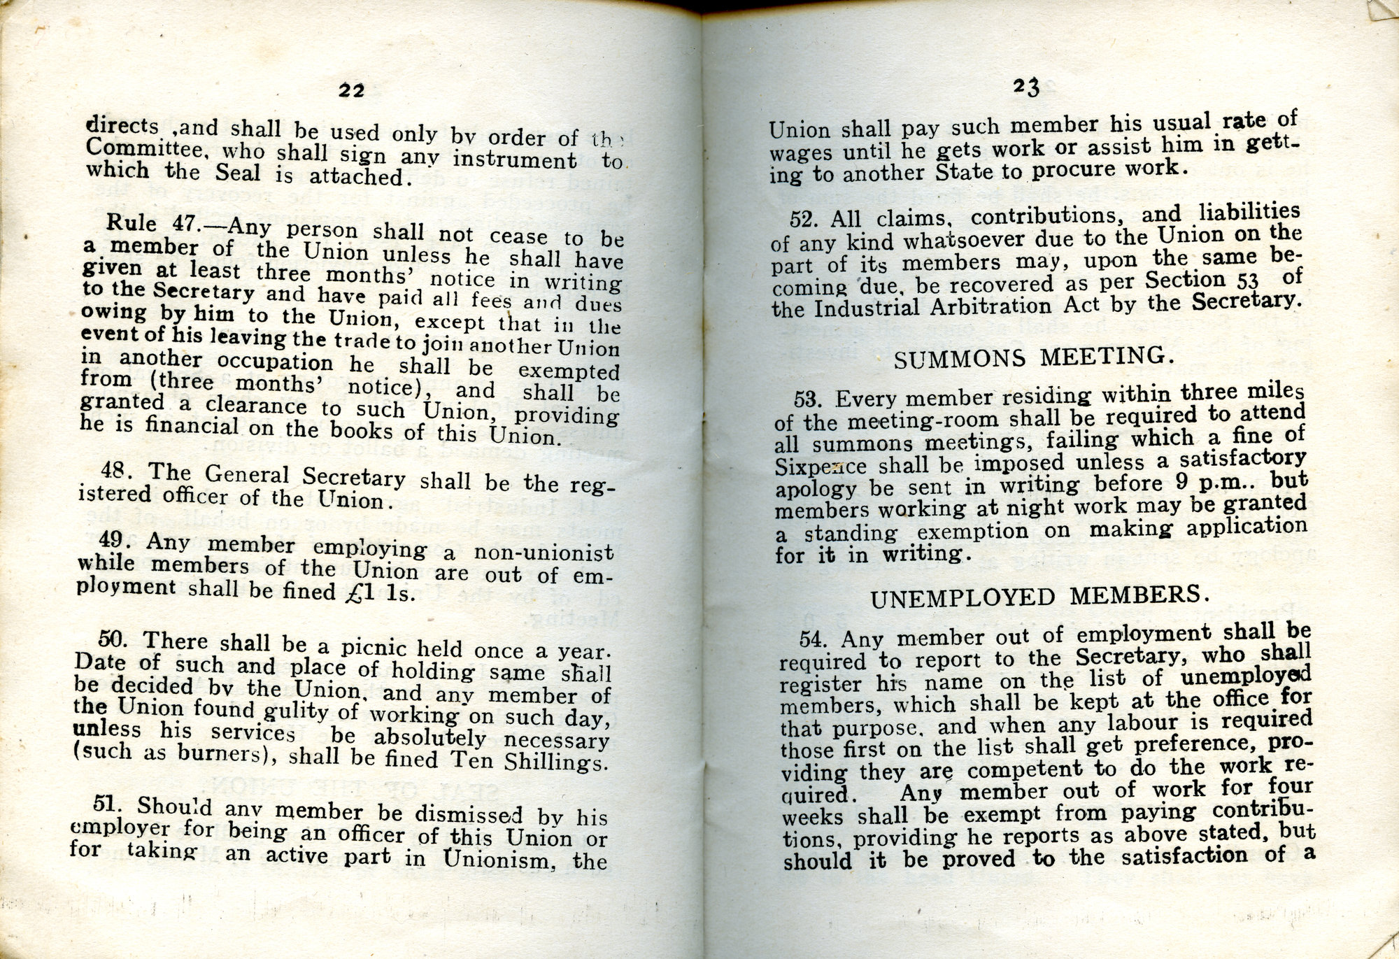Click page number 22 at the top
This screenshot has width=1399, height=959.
[352, 90]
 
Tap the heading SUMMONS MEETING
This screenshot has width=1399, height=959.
[1032, 358]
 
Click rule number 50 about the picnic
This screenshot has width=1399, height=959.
[114, 639]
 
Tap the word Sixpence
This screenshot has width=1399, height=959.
[821, 467]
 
